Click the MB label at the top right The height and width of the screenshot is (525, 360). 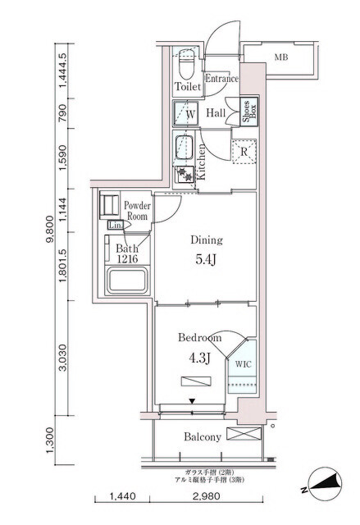tap(281, 57)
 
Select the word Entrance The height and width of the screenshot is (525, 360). tap(221, 80)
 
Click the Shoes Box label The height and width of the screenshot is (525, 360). tap(245, 112)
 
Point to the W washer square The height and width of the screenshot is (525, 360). tap(185, 114)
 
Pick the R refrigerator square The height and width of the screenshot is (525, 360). tap(243, 151)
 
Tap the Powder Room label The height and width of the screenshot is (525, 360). tap(136, 211)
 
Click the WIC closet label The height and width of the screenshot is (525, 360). tap(244, 362)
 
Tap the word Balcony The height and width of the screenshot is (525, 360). tap(201, 437)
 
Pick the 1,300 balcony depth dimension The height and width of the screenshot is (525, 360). tap(50, 443)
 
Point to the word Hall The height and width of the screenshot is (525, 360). tap(216, 113)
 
